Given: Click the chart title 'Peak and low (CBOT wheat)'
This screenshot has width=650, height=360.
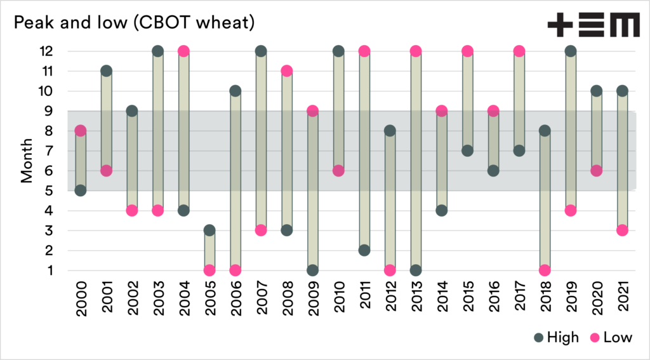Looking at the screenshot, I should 135,23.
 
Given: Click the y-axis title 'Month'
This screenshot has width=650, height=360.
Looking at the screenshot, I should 27,161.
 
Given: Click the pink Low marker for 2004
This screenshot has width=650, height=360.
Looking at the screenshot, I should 184,51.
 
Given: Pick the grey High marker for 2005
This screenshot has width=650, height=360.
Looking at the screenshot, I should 210,230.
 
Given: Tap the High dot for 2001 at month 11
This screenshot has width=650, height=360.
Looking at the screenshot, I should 106,70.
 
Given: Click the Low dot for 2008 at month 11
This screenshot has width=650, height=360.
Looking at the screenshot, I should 287,70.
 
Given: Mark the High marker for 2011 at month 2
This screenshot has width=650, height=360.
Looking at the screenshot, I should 364,250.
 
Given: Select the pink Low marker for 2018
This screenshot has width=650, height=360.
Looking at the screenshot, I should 545,270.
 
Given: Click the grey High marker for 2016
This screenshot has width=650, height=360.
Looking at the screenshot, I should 493,171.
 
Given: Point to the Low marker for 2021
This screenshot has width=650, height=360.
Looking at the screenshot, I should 622,230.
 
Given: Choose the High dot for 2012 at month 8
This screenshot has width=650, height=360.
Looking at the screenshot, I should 390,131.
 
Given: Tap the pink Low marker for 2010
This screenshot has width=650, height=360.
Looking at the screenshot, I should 338,171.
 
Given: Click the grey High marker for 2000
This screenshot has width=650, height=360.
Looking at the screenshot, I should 81,190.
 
